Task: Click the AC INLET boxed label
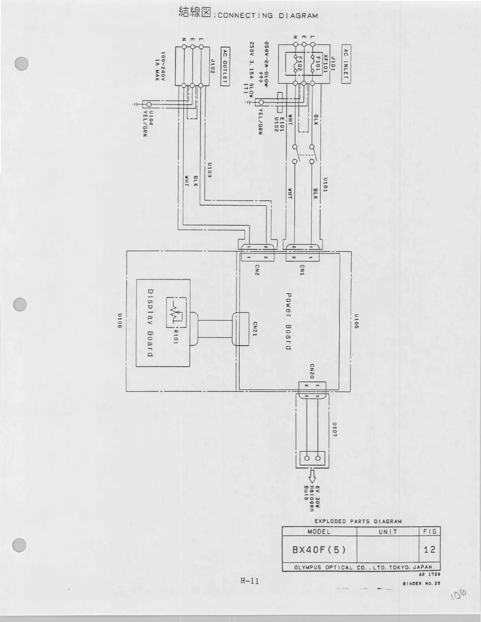(x=346, y=64)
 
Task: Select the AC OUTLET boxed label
(x=225, y=66)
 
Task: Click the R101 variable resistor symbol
(x=175, y=313)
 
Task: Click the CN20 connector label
(x=311, y=371)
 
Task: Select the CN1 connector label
(x=302, y=270)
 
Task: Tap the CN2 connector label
(x=257, y=270)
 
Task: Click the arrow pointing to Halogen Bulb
(x=312, y=476)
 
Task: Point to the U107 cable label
(x=335, y=430)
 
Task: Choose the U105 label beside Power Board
(x=356, y=321)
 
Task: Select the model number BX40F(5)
(x=319, y=549)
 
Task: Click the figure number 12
(x=430, y=549)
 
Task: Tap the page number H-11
(x=250, y=581)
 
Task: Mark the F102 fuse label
(x=299, y=64)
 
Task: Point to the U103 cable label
(x=210, y=170)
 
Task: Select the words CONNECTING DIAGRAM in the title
(x=267, y=16)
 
